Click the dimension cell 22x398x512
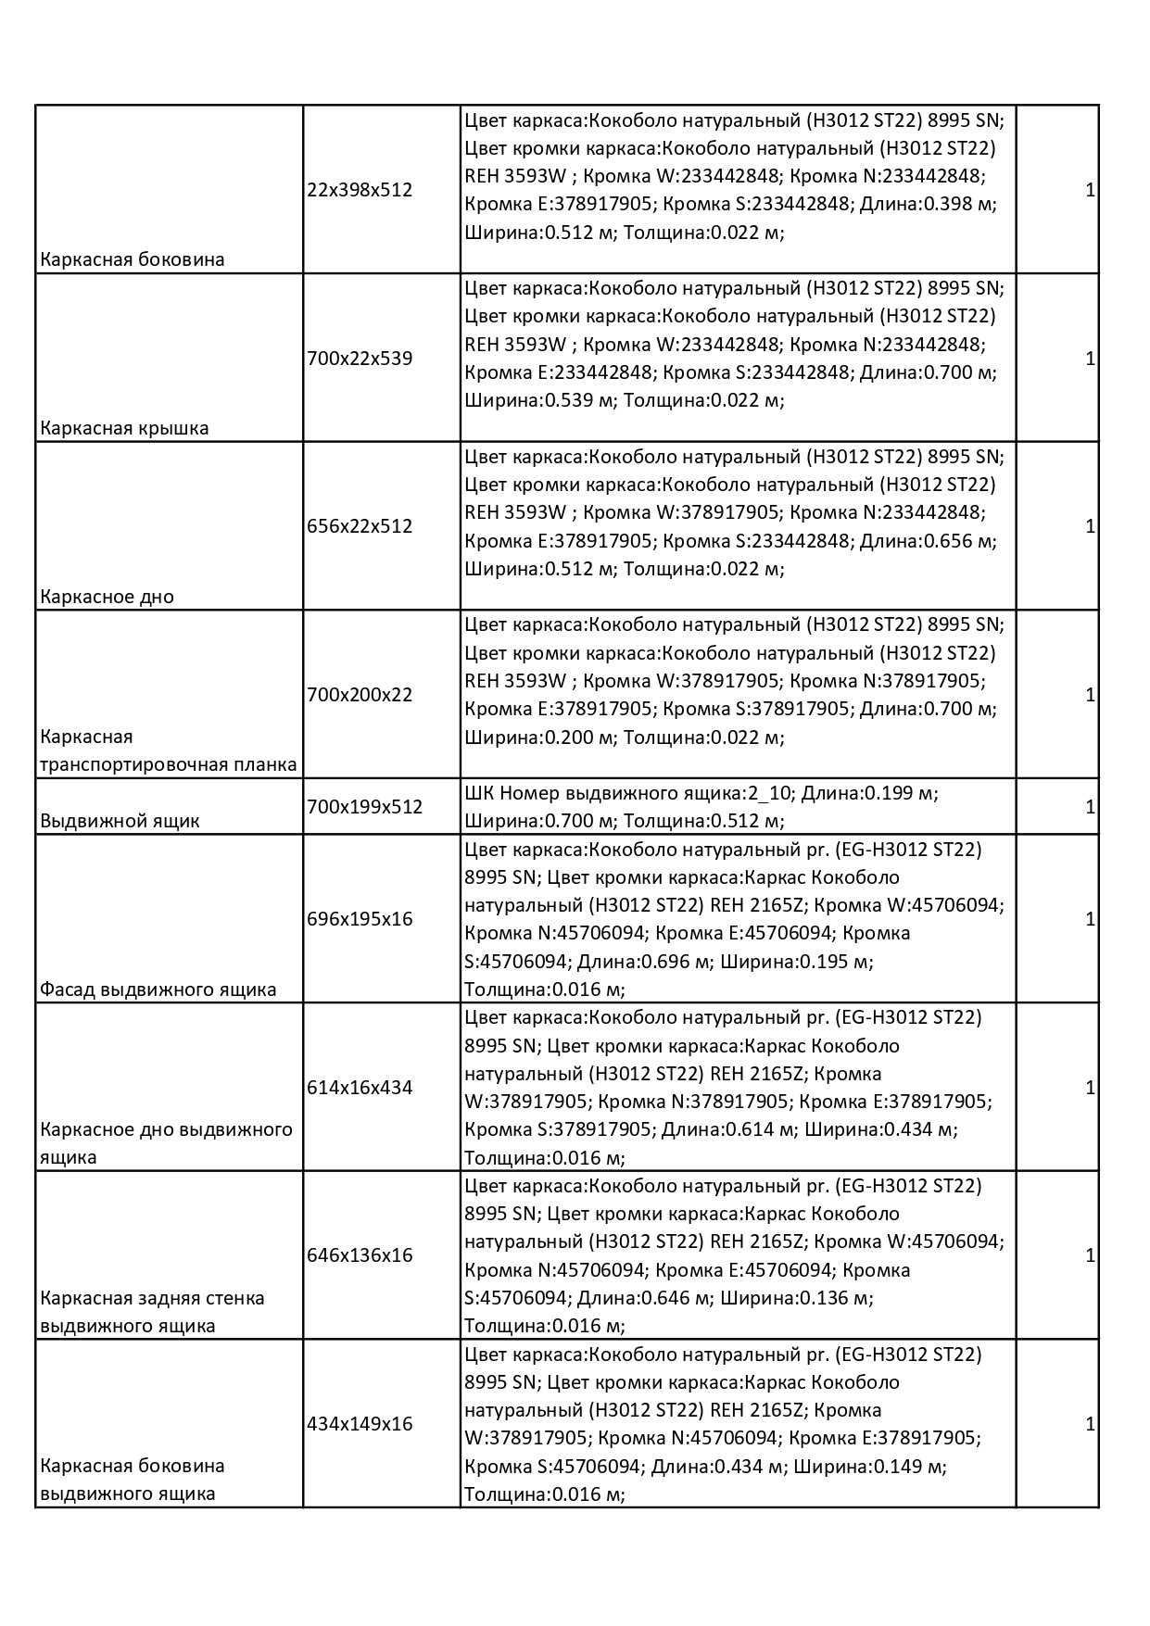tap(360, 190)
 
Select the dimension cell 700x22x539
tap(360, 359)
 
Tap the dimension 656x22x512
tap(360, 526)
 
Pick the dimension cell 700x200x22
tap(360, 695)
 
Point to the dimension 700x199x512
tap(364, 807)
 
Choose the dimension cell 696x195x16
tap(360, 919)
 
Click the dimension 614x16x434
tap(360, 1088)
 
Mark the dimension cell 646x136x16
tap(360, 1255)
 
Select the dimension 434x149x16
tap(360, 1424)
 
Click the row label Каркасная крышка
tap(124, 428)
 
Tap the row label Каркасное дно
tap(107, 597)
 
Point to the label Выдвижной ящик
tap(120, 821)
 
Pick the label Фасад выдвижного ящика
tap(158, 989)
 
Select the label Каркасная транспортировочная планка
tap(168, 751)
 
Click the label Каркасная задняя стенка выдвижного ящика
tap(152, 1312)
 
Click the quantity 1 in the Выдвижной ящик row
tap(1090, 807)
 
